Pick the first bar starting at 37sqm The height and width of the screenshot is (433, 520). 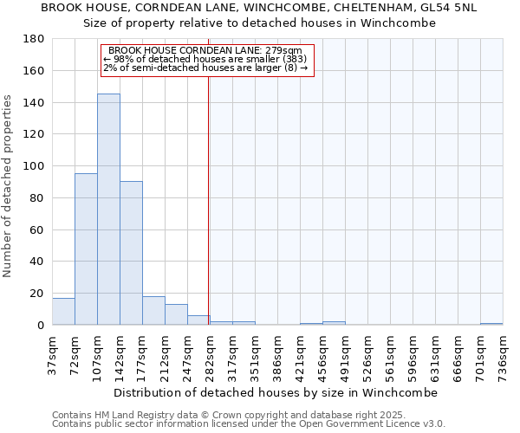click(x=63, y=312)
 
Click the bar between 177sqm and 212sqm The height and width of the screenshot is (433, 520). click(x=153, y=311)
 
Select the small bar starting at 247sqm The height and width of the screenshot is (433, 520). click(x=198, y=320)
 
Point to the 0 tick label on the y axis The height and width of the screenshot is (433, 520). click(x=40, y=326)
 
